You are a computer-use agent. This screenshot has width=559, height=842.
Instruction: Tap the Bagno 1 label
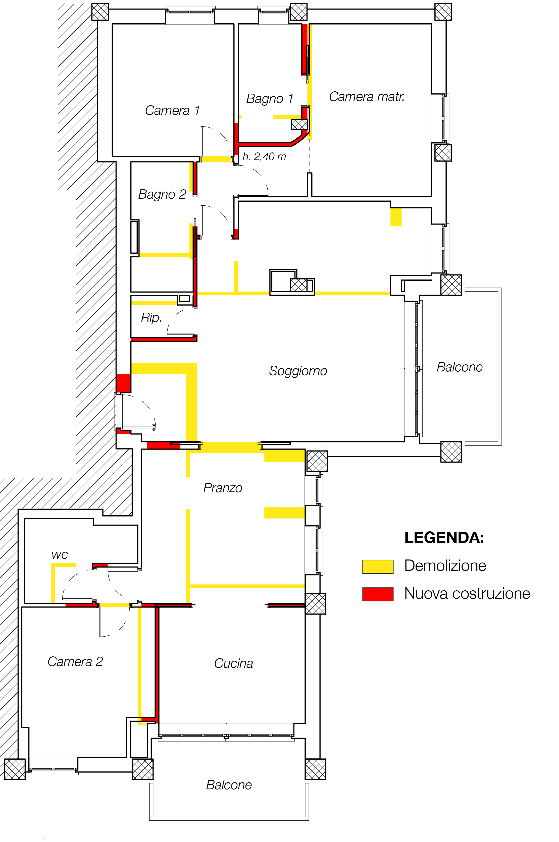click(x=270, y=99)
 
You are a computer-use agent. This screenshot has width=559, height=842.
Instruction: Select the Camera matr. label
click(x=367, y=97)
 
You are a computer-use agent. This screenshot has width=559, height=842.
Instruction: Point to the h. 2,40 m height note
click(x=264, y=156)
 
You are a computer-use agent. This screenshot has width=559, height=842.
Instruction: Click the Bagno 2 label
click(x=162, y=194)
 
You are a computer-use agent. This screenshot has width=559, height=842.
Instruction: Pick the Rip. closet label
click(x=151, y=317)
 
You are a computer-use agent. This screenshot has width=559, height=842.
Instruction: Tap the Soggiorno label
click(x=298, y=371)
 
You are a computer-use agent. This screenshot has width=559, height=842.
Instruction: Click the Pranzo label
click(x=223, y=488)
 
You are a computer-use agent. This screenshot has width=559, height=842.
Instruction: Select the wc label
click(x=60, y=555)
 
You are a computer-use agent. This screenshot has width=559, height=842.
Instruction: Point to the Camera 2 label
click(x=75, y=662)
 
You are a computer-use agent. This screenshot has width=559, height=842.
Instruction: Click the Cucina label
click(x=233, y=663)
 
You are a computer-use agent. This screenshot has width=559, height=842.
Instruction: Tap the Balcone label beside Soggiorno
click(x=460, y=367)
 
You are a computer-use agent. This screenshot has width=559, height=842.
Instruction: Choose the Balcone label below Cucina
click(x=229, y=785)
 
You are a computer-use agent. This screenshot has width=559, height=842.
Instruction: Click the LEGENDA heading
click(x=444, y=537)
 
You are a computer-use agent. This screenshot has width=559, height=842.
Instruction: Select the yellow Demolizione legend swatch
click(x=378, y=567)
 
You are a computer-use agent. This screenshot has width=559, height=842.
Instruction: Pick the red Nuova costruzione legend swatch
click(x=378, y=594)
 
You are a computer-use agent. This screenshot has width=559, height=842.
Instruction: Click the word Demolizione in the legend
click(x=445, y=566)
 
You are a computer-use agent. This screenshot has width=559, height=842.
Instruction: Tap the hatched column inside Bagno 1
click(x=299, y=124)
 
